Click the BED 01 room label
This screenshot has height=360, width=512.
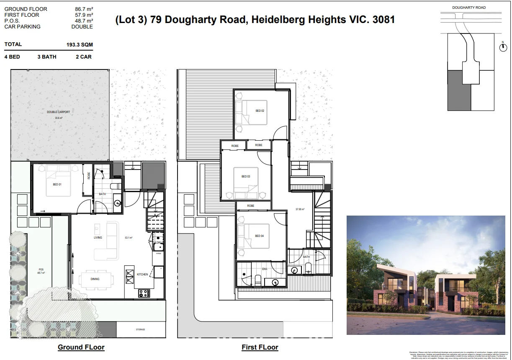coord(57,184)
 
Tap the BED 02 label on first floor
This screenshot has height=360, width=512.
coord(260,111)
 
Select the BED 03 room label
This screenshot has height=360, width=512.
coord(246,176)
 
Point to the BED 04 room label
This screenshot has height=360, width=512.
coord(260,236)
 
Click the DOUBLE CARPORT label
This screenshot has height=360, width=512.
coord(58,112)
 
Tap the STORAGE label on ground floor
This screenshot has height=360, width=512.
coord(140,329)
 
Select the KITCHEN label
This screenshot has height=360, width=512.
coord(142,274)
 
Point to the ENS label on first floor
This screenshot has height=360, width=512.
coord(264,269)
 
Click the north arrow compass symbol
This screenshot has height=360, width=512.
coord(503,48)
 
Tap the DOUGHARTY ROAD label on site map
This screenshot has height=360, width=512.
coord(469,8)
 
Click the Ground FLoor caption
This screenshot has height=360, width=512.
coord(81,347)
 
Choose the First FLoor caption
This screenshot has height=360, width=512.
coord(260,347)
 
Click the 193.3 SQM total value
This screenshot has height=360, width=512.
coord(80,44)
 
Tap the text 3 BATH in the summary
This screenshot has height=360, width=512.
coord(47,57)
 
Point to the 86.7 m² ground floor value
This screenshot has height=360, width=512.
coord(84,9)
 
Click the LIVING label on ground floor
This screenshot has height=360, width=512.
coord(98,237)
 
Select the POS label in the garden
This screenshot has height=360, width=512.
coord(41,269)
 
